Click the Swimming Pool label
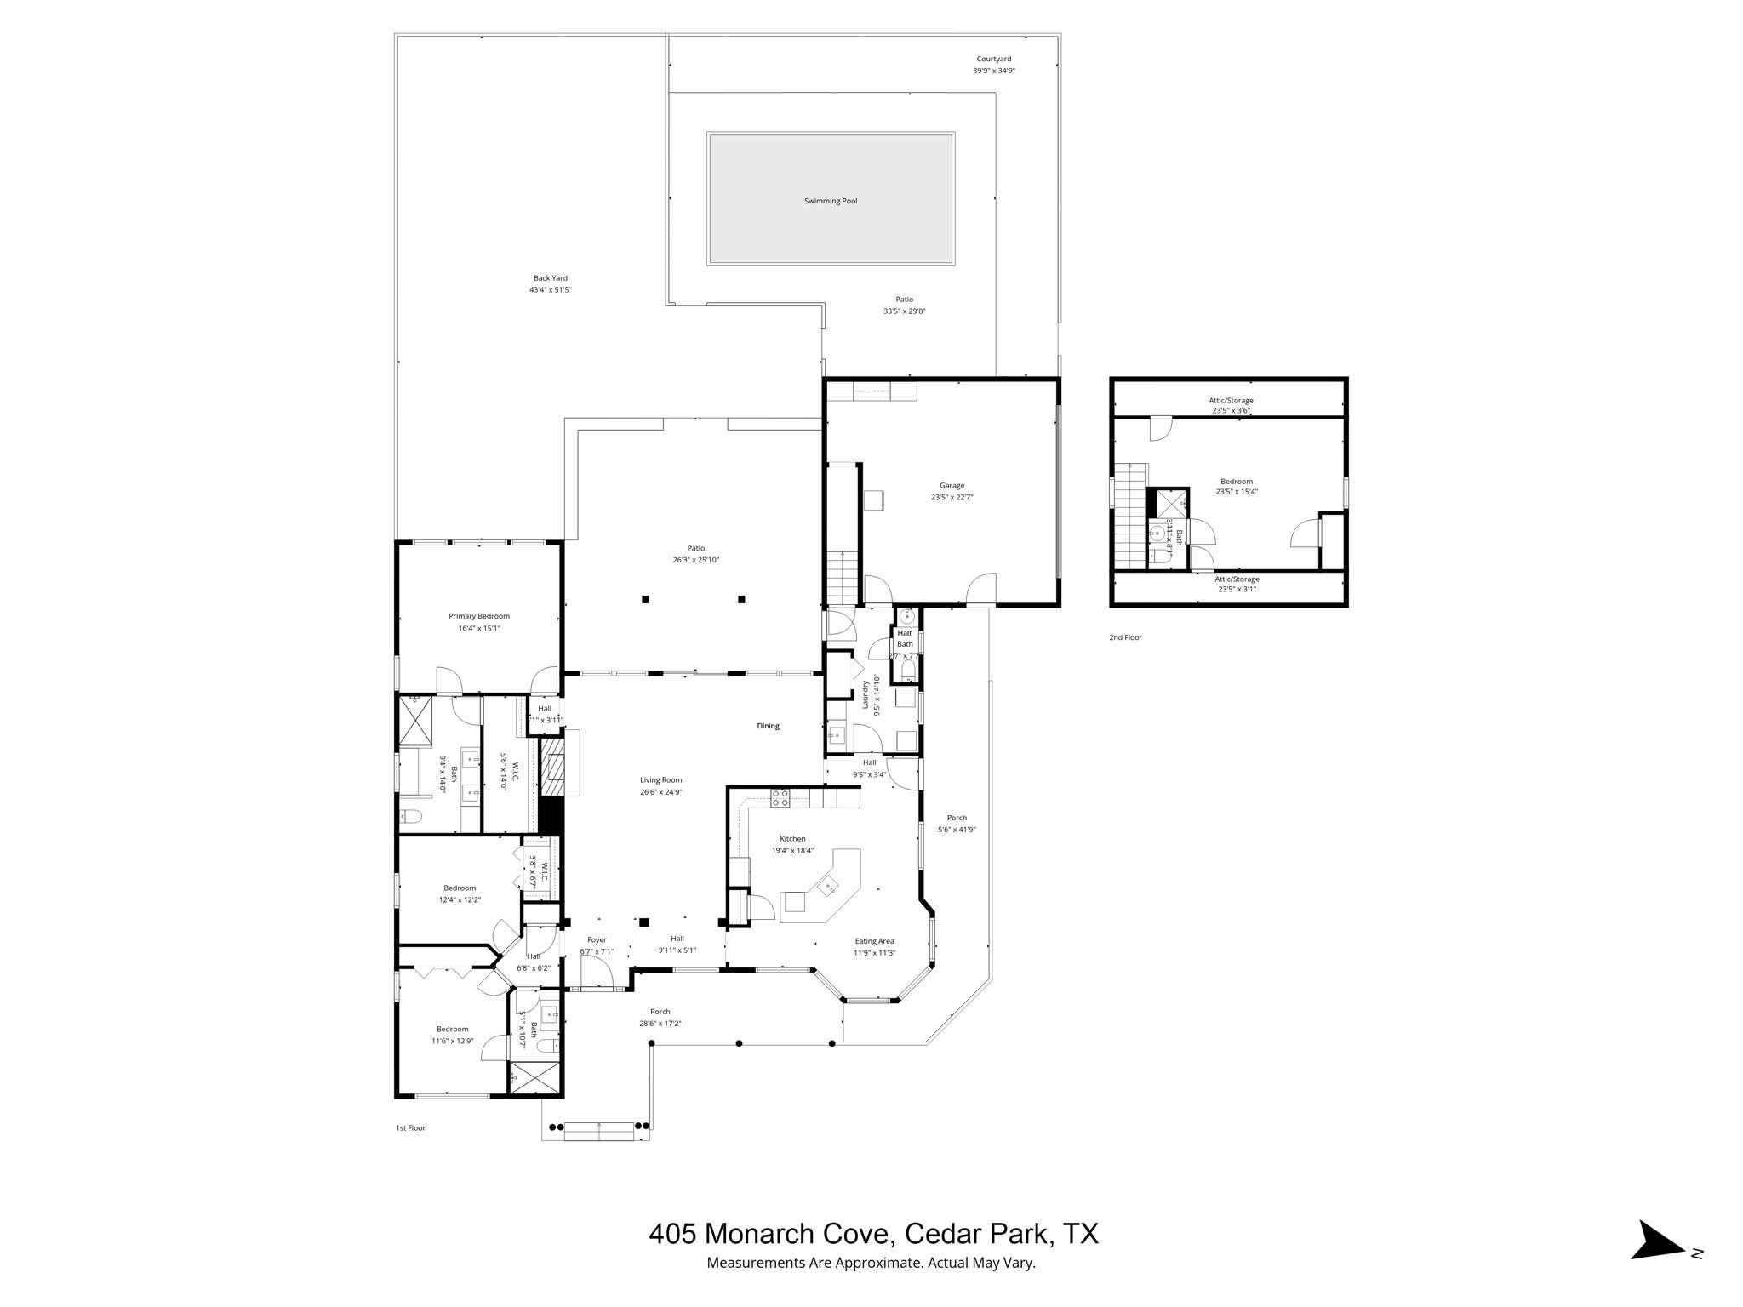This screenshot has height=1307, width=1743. [831, 202]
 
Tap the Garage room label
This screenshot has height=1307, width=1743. [952, 486]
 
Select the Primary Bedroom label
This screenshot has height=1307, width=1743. [479, 616]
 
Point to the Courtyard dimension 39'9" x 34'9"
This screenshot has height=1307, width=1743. [993, 71]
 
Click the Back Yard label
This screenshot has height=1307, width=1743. [550, 278]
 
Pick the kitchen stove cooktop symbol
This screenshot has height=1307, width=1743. [780, 798]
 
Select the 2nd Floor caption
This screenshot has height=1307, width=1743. [1125, 637]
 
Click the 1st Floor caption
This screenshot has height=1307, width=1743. [410, 1128]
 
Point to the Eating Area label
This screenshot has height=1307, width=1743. [874, 941]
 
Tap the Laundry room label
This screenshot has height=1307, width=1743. [866, 695]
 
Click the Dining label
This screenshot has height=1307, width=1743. [768, 726]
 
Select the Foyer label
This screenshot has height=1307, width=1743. [597, 940]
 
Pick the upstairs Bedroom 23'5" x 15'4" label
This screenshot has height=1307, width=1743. [1237, 482]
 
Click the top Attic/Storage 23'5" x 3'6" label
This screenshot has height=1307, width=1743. [1231, 401]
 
